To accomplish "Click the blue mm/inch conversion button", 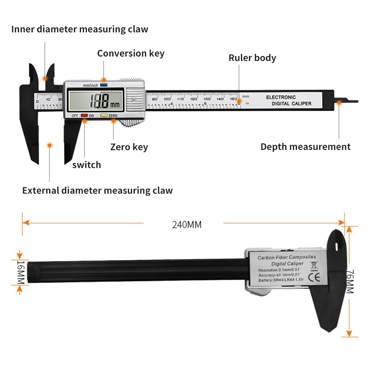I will click(104, 85).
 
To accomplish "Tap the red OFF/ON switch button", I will click(84, 116).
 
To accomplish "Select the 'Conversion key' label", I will click(131, 53).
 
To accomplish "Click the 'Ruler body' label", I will click(252, 58).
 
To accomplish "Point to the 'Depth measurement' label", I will click(305, 147).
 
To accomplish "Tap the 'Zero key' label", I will click(129, 147).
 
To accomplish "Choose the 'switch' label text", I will click(86, 165).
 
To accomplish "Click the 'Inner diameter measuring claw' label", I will click(80, 29).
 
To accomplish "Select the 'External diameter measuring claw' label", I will click(97, 190).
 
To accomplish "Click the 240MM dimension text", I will click(186, 225).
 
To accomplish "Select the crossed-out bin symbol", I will click(313, 265).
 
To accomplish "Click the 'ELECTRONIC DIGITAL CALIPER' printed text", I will click(289, 100).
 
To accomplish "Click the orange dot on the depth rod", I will click(339, 103).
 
